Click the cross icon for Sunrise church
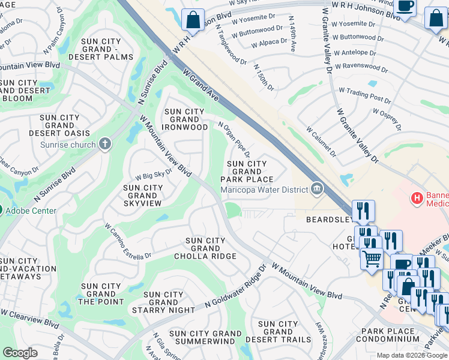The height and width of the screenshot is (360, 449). tap(105, 144)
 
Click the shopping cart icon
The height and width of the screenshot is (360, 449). tap(372, 258)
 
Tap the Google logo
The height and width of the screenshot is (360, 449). tap(20, 353)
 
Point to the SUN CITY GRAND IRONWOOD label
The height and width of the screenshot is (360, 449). tap(185, 119)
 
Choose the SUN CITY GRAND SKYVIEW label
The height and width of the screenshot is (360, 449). tap(142, 196)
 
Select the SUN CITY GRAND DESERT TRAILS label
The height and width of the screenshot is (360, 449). tap(278, 332)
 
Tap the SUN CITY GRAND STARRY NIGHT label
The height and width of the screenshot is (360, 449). tap(164, 302)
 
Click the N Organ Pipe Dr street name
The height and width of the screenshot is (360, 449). tap(234, 140)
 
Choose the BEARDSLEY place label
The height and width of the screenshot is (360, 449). tap(328, 220)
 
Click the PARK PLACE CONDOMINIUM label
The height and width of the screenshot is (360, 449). tap(387, 335)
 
